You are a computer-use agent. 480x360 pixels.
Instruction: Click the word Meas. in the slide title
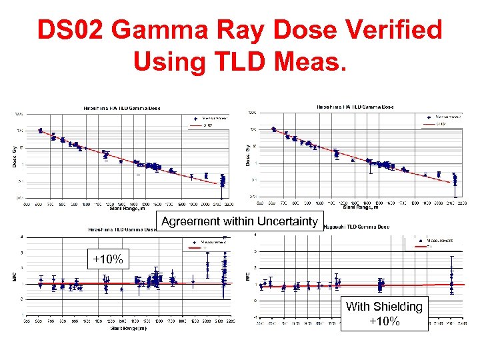[308, 61]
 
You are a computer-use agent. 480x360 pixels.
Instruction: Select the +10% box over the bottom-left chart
[107, 259]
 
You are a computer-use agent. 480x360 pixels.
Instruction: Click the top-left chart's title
[121, 107]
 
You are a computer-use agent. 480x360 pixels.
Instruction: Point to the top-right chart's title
[354, 107]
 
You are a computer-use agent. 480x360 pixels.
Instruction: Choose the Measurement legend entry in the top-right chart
[444, 117]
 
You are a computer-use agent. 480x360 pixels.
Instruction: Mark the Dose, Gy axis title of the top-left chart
[15, 155]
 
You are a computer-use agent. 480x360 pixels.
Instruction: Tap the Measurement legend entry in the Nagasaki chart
[441, 241]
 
